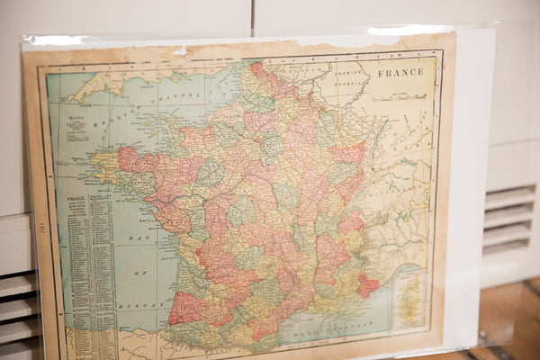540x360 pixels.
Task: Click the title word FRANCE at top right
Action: click(x=400, y=72)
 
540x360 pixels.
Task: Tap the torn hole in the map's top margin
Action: click(x=180, y=50)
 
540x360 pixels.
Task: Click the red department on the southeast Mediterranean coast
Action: click(x=367, y=285)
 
